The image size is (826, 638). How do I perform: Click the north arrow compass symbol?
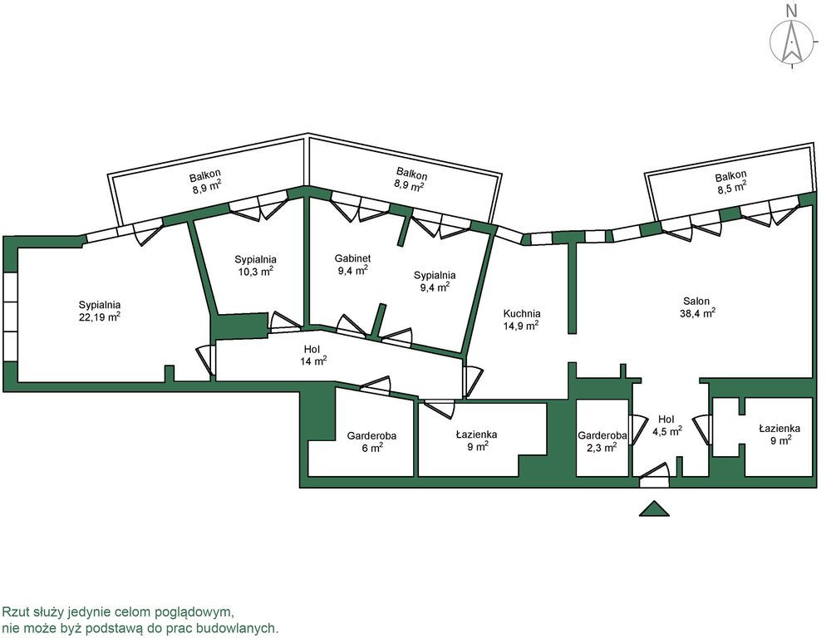pos(791,43)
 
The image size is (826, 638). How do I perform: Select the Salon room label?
pos(696,302)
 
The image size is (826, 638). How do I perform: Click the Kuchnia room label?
pos(522,313)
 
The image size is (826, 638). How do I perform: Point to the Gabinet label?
pos(353,258)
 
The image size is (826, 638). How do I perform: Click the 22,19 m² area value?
pos(100,317)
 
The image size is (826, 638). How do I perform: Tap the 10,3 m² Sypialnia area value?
pos(255,272)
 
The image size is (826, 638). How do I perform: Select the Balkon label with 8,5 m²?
pos(731,176)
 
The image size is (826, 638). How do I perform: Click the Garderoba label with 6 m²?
pos(371,436)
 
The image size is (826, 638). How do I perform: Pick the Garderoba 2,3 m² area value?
pos(602,448)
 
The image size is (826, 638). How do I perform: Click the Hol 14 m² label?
pos(312,350)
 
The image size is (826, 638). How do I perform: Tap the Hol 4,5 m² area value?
pos(667,431)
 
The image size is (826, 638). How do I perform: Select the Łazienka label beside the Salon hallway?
pos(779,429)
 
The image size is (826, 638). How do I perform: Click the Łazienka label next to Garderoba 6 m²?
pos(476,434)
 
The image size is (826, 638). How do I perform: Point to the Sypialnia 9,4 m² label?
pos(435,275)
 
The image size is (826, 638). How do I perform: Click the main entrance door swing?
pos(654,475)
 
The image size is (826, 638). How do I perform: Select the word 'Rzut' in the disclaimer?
pos(13,612)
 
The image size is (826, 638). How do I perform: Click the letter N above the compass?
pos(791,9)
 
